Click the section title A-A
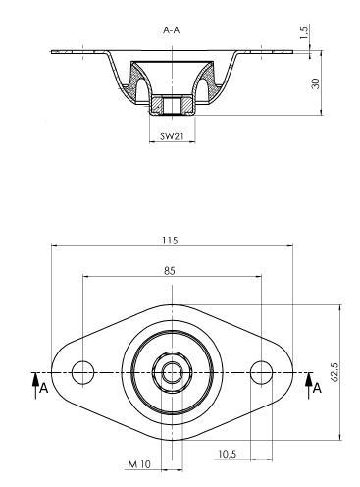coord(172,30)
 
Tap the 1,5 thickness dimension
coord(304,32)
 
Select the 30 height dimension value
coord(316,83)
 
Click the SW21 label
coord(172,135)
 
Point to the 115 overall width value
coord(170,241)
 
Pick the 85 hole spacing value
coord(170,271)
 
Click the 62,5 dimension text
coord(334,371)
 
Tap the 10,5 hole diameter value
coord(228,454)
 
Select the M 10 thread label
coord(139,464)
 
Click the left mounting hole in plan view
coord(82,372)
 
